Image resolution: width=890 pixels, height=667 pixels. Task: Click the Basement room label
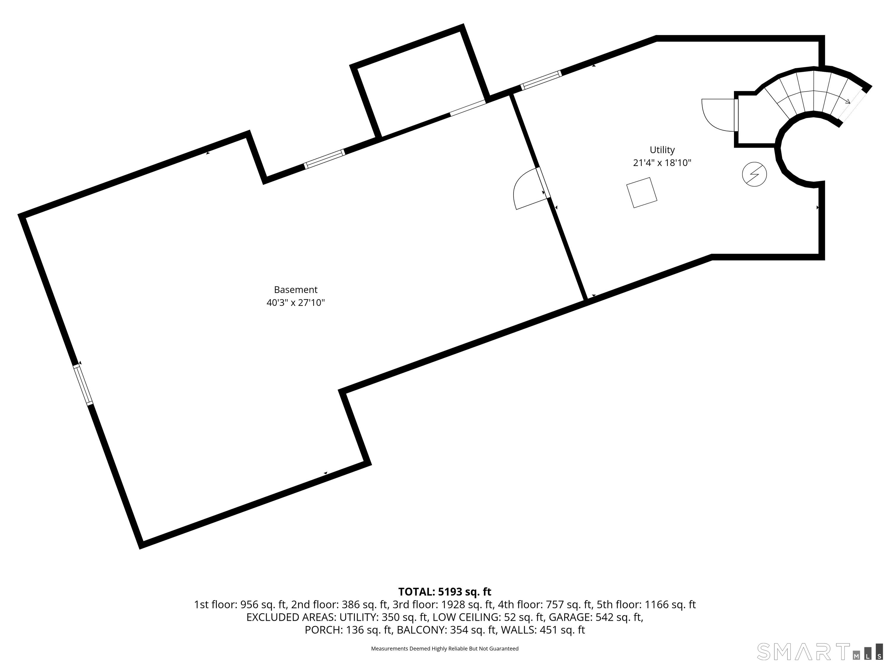296,289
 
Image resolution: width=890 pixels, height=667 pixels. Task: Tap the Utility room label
662,150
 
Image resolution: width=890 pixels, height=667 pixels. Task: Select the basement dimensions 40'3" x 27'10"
296,303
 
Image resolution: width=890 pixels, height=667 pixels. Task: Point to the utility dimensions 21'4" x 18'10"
662,163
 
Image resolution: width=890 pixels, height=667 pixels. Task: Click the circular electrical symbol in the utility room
754,174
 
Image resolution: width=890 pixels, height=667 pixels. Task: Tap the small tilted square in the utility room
642,193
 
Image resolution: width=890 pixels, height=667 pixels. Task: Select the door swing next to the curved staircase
718,115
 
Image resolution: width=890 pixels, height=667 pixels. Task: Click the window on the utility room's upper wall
541,80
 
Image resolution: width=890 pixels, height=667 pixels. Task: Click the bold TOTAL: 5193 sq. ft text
445,592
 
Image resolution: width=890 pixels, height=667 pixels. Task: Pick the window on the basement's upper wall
324,159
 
